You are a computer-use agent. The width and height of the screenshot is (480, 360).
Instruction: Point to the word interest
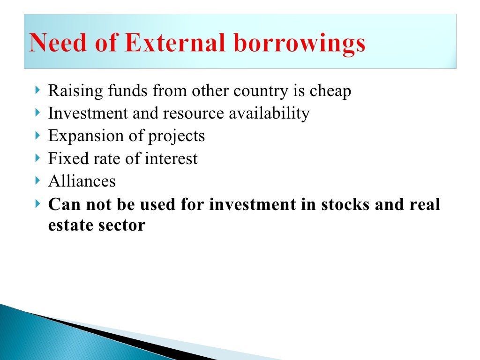(x=171, y=158)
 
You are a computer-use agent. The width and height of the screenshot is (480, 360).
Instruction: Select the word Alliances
(x=82, y=181)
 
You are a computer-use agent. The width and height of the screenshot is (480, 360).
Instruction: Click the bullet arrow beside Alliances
(x=37, y=180)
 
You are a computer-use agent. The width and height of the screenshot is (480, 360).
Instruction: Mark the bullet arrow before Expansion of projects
(x=37, y=136)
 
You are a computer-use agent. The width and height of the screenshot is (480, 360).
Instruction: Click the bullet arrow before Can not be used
(x=37, y=204)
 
